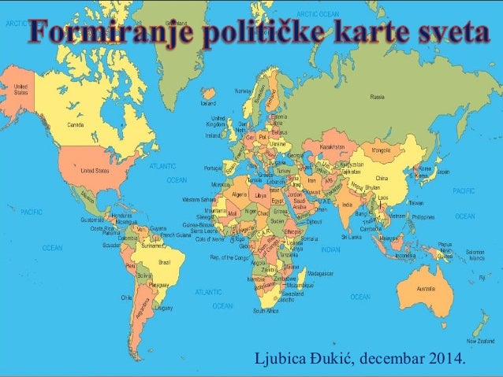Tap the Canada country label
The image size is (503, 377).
[76, 124]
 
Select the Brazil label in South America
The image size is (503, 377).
[166, 261]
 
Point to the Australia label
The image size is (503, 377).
[426, 288]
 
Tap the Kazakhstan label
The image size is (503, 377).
[333, 146]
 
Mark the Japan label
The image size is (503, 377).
[443, 172]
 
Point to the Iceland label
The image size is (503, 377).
[208, 102]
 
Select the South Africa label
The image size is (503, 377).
[266, 310]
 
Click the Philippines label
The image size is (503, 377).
[423, 216]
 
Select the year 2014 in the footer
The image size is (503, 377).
[445, 360]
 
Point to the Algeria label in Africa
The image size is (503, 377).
[237, 192]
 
